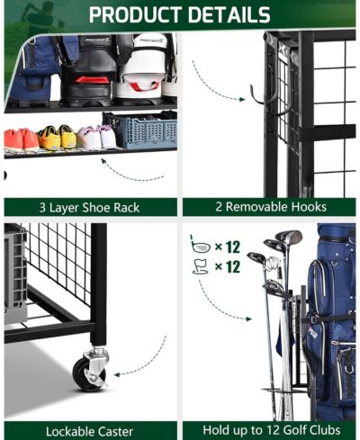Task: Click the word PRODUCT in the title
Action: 136,14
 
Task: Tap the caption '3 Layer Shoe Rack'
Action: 89,208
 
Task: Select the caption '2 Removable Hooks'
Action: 271,207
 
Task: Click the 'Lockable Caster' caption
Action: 89,432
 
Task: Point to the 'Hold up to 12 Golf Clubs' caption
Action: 272,430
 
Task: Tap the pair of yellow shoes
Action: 57,138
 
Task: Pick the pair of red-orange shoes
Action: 21,139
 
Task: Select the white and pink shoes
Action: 96,137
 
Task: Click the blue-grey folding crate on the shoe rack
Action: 140,130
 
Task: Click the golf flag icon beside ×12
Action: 201,266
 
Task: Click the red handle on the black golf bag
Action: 92,80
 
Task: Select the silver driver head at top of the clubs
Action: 289,237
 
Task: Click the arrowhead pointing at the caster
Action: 117,374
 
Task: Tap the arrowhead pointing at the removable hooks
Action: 242,99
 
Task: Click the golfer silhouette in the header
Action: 38,16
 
